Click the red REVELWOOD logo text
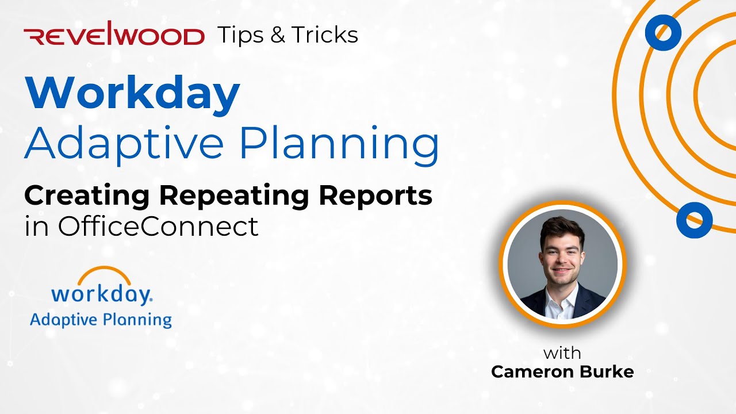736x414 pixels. click(x=114, y=36)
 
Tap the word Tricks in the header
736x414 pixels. click(x=324, y=35)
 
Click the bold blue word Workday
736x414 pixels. click(x=132, y=94)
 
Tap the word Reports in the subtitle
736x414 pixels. click(x=376, y=196)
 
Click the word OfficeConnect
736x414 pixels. click(x=158, y=227)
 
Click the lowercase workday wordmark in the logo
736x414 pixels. click(x=101, y=294)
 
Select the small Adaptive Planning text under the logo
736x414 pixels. click(x=101, y=319)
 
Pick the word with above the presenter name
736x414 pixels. click(x=562, y=352)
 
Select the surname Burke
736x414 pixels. click(x=608, y=371)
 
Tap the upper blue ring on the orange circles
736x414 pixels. click(x=663, y=32)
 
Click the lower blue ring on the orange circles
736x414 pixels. click(x=694, y=220)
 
